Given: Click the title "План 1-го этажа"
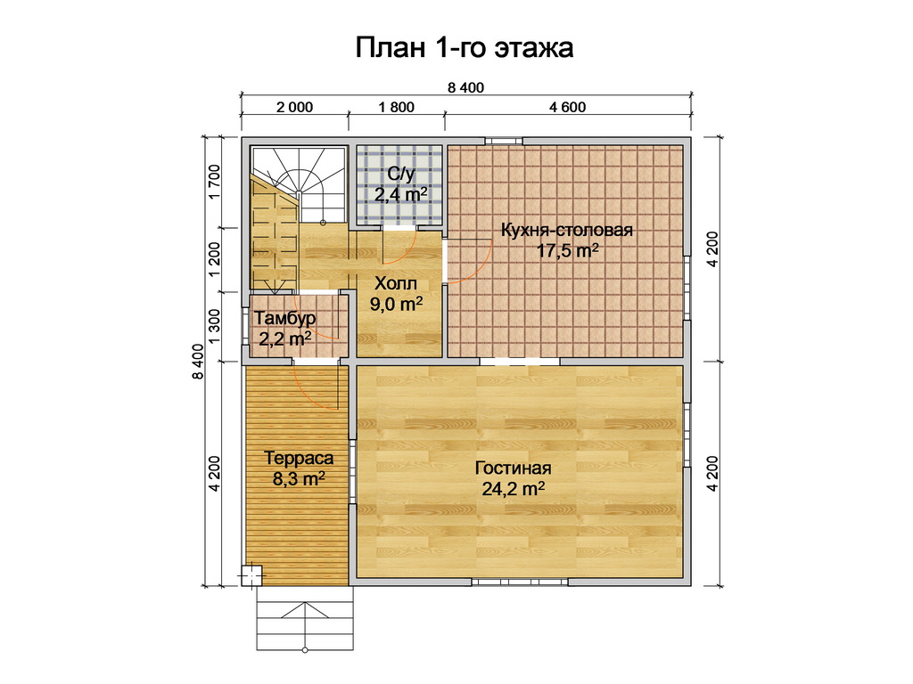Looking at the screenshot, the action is point(464,48).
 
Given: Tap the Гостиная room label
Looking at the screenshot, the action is point(513,468).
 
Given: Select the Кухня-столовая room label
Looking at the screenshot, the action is point(566,230).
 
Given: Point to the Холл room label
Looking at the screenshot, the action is point(396,283).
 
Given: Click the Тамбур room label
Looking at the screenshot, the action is point(285,318).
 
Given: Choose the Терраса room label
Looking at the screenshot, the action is point(300,458).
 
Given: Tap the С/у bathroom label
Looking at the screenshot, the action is point(400,174).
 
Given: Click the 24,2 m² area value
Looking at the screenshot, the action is point(513,489).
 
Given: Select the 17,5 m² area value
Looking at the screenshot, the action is point(567,251).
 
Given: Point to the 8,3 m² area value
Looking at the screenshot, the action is point(299,478).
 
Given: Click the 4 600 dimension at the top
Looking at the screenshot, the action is point(567,108).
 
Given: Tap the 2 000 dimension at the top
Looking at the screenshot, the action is point(294,108).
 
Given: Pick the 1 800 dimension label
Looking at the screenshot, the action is point(397,108).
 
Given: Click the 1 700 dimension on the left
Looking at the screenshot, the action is point(214,182).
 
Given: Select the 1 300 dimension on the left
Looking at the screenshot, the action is point(214,326).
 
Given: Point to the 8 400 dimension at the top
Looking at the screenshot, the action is point(465,88).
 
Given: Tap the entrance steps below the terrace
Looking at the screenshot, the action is point(305,618).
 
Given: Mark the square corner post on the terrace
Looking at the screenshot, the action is point(252,575).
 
